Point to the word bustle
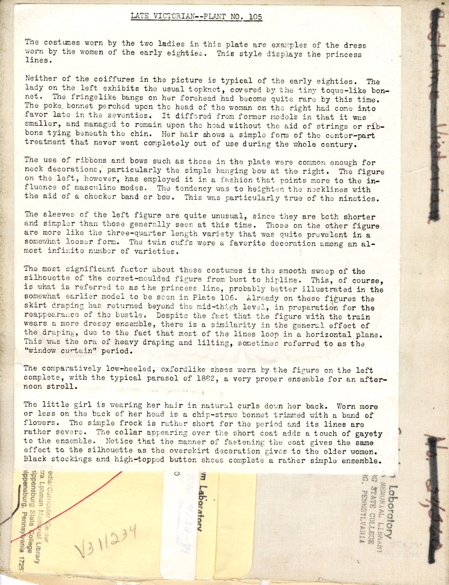[130, 315]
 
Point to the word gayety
[370, 434]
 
